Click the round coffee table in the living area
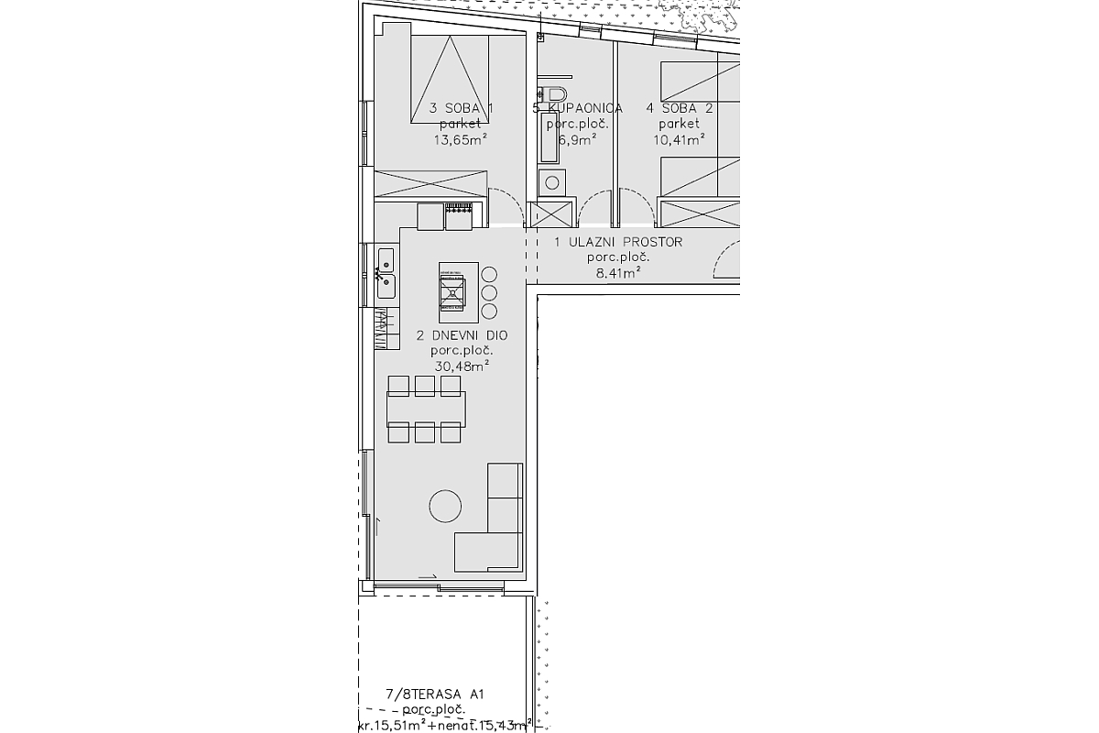coord(445,506)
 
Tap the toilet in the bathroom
coord(553,93)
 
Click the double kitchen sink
coord(386,273)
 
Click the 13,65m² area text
coord(461,139)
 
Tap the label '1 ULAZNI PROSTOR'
coord(618,243)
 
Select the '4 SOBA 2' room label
coord(680,108)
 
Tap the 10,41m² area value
coord(679,139)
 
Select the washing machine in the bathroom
coord(551,181)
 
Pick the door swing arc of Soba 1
coord(502,203)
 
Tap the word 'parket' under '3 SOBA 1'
coord(461,124)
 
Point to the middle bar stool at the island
coord(489,293)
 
